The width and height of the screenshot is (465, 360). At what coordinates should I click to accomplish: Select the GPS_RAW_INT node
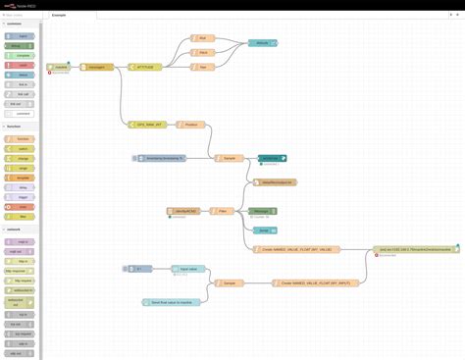(x=148, y=126)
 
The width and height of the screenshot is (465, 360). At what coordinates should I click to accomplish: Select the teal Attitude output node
(x=262, y=44)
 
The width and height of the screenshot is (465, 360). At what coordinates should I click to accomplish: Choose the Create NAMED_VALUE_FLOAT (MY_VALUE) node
(x=295, y=250)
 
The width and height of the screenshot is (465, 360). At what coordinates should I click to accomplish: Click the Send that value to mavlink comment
(x=173, y=302)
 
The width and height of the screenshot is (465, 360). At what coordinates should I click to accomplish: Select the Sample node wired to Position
(x=230, y=158)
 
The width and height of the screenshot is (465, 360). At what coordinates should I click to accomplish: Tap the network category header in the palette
(x=16, y=230)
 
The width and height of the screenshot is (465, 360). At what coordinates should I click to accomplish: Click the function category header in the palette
(x=16, y=127)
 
